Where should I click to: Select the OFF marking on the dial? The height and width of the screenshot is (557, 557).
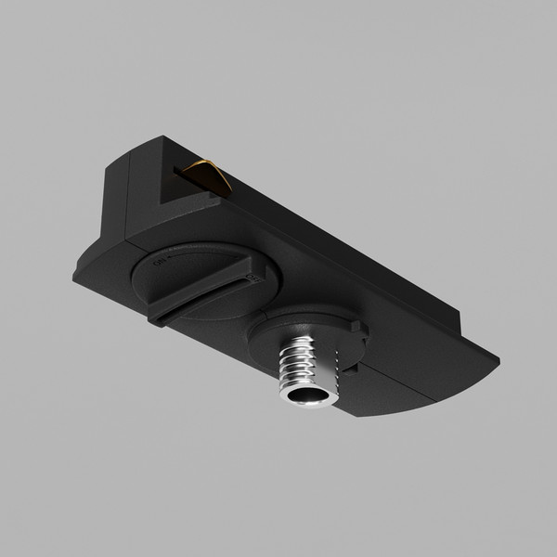click(250, 277)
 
